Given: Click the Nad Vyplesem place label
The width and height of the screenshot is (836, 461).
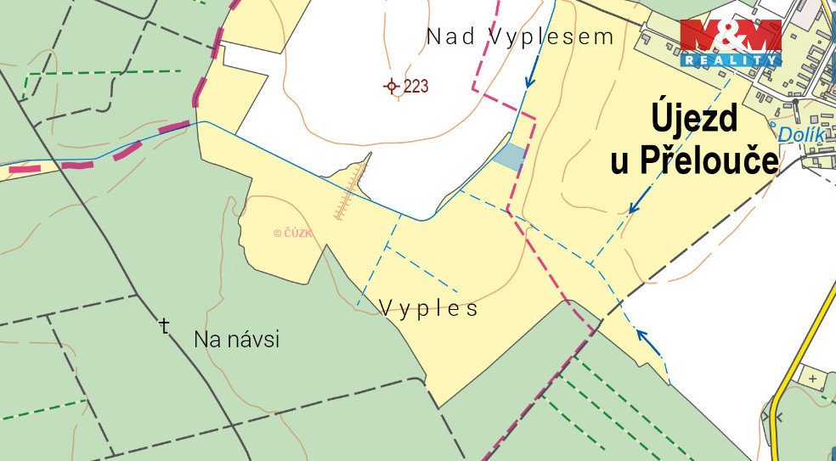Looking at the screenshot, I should (520, 37).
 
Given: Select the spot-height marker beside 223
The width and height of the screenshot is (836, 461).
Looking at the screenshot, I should (392, 86).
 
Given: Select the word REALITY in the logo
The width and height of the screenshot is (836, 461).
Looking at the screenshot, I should (731, 60).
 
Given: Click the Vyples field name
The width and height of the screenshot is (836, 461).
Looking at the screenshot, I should (428, 308).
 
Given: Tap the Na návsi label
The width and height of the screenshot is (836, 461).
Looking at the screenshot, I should (236, 340).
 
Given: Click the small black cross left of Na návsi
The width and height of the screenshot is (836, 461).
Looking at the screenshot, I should (165, 325).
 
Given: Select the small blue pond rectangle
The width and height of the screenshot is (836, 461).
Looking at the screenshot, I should (510, 157).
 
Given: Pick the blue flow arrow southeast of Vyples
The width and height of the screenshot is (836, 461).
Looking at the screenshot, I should (649, 343).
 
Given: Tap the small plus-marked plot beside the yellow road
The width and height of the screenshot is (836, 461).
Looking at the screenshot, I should (813, 377).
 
